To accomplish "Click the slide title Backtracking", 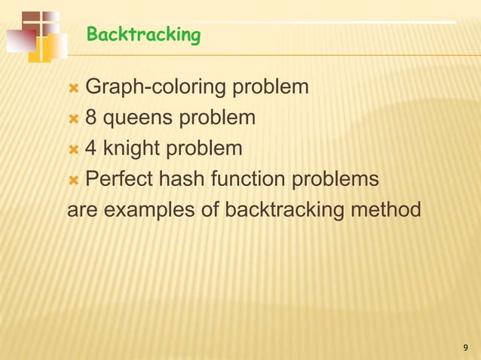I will click(143, 35).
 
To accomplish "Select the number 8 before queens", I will click(90, 118).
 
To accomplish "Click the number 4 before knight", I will click(90, 148).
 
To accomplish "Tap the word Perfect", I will click(120, 179).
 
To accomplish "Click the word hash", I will click(185, 179).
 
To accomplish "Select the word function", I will click(252, 179).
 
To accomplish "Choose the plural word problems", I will click(336, 180).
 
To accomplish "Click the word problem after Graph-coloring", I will click(269, 88).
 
